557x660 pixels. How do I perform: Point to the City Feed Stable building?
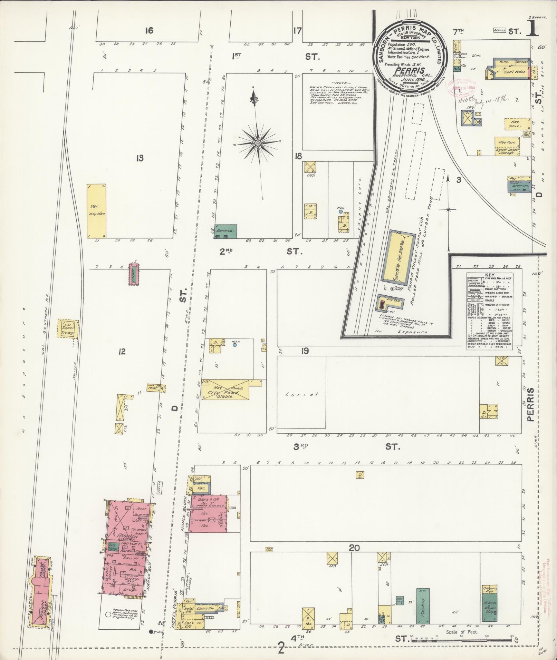pyautogui.click(x=225, y=390)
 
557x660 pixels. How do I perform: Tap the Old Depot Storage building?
pyautogui.click(x=67, y=328)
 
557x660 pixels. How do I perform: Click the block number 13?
pyautogui.click(x=140, y=158)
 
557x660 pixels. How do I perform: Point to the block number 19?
pyautogui.click(x=304, y=351)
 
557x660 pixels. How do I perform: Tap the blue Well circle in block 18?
pyautogui.click(x=340, y=212)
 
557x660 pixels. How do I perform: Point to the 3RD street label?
pyautogui.click(x=300, y=446)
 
